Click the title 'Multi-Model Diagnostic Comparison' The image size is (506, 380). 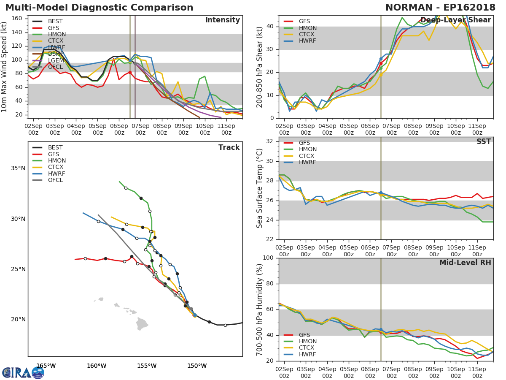click(99, 8)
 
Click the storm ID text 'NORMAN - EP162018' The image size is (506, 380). click(440, 8)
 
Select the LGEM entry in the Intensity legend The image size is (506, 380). click(55, 60)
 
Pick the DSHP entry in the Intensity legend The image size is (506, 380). click(55, 54)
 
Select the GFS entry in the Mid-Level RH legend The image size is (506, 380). click(304, 335)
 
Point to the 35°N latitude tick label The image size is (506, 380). click(18, 168)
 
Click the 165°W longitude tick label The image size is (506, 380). click(46, 366)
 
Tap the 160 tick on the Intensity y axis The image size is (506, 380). click(16, 19)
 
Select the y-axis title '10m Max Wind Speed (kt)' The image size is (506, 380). click(5, 68)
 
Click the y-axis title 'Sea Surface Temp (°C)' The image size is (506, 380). click(260, 188)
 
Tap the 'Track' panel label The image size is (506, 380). click(229, 147)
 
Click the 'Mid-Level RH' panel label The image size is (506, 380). click(465, 263)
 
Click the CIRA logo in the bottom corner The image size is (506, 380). click(23, 373)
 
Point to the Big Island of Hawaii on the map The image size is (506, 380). click(142, 324)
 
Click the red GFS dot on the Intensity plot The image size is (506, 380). click(130, 72)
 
